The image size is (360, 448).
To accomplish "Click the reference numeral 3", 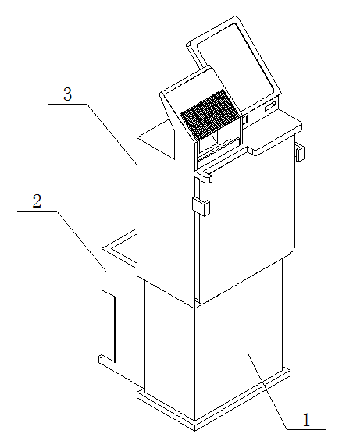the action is click(x=67, y=94).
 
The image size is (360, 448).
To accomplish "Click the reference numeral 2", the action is click(x=37, y=201).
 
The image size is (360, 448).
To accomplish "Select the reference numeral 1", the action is click(x=306, y=420).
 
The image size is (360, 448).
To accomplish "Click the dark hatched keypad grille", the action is click(x=209, y=115).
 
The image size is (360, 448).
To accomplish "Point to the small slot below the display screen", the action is click(x=271, y=106).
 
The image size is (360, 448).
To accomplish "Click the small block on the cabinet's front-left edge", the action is click(x=201, y=206).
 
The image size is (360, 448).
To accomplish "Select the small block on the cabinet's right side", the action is click(x=300, y=153).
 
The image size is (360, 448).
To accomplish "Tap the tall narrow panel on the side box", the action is click(x=109, y=326).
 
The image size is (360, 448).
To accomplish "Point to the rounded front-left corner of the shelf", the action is click(x=207, y=179).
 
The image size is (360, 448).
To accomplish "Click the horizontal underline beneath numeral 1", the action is click(x=306, y=429).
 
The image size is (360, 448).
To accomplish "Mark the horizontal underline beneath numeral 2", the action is click(x=37, y=212).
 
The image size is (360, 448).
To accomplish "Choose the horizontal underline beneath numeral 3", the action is click(x=67, y=105).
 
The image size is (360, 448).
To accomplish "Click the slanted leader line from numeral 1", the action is click(x=267, y=391).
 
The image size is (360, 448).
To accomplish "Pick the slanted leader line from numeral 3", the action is click(x=112, y=134).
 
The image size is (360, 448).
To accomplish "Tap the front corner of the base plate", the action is click(x=195, y=428).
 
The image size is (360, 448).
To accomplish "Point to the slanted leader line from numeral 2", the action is click(x=81, y=241).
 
